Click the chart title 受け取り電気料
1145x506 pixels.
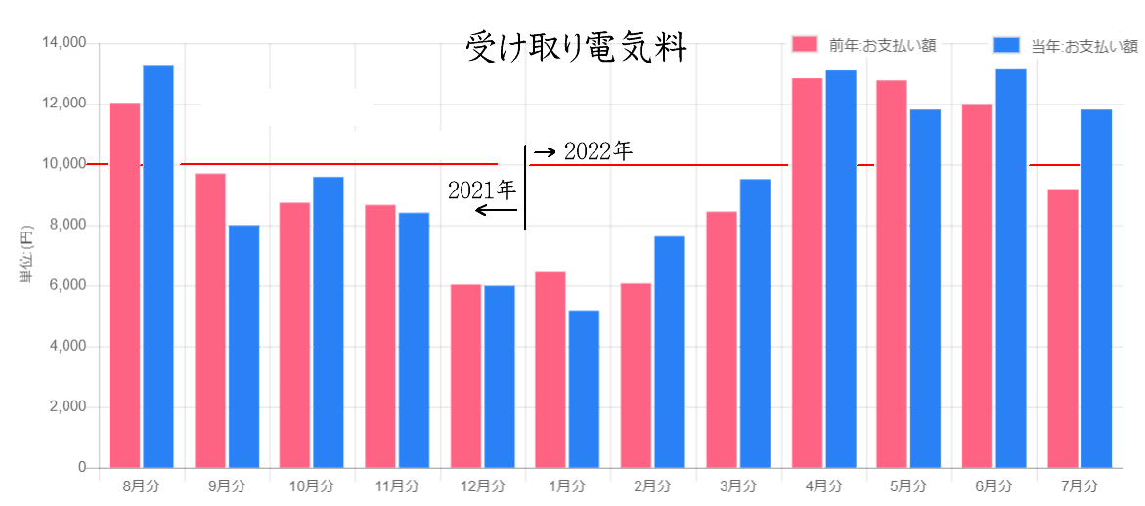[x=577, y=47]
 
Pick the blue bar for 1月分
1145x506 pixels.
[x=584, y=389]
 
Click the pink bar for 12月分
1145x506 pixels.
[x=465, y=376]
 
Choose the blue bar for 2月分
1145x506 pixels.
[x=670, y=352]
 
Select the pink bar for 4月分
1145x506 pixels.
[x=807, y=273]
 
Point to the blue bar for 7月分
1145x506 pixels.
[x=1096, y=288]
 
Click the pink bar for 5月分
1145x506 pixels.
[x=892, y=274]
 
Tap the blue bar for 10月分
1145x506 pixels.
[x=328, y=322]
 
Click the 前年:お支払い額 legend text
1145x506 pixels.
[x=883, y=45]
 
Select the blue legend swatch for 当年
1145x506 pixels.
[x=1007, y=45]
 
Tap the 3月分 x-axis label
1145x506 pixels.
[x=738, y=485]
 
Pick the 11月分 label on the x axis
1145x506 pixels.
[x=397, y=485]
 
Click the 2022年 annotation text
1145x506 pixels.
[x=598, y=151]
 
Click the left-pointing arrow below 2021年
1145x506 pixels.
[x=496, y=210]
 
